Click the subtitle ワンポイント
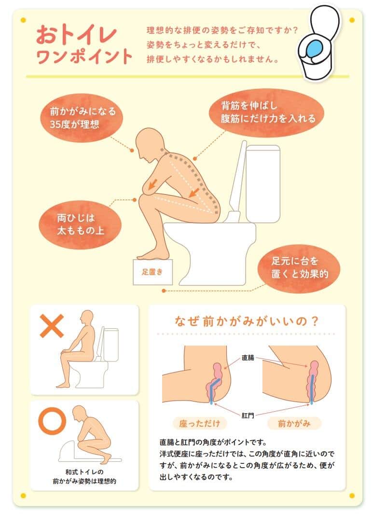click(x=84, y=56)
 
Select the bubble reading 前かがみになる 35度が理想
click(x=83, y=117)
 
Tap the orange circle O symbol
click(x=51, y=421)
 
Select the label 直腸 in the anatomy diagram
click(x=248, y=358)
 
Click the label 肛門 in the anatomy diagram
click(x=248, y=413)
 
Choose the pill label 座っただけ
click(x=199, y=424)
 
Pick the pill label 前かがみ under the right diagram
click(x=294, y=424)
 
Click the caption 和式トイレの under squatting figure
click(x=84, y=471)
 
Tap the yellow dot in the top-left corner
click(x=23, y=20)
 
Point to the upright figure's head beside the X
click(x=86, y=318)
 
